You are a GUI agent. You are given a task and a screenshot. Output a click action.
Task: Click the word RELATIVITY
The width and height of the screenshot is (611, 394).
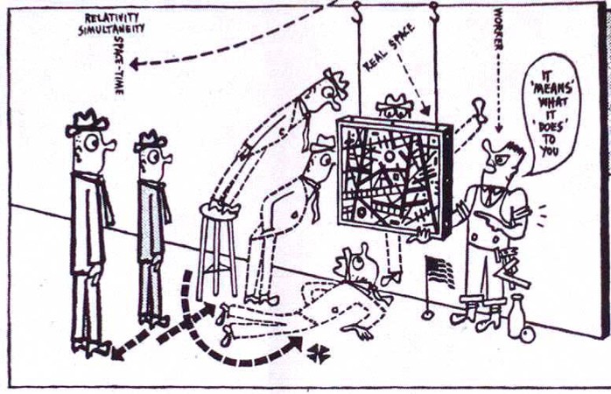(111, 18)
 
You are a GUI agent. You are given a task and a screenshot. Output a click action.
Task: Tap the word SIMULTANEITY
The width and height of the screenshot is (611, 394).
(111, 28)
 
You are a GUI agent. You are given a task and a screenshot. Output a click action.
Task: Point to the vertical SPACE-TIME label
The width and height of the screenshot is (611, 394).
(119, 65)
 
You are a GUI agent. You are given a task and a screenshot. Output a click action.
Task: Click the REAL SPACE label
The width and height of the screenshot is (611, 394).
(389, 47)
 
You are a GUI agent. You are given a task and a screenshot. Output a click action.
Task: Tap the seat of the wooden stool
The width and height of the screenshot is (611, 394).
(218, 209)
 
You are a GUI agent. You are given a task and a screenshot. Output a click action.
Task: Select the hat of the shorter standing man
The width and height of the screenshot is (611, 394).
(151, 141)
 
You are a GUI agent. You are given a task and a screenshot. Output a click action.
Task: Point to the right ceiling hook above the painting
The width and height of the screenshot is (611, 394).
(434, 11)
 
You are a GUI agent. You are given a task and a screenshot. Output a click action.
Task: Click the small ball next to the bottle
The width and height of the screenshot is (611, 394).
(528, 335)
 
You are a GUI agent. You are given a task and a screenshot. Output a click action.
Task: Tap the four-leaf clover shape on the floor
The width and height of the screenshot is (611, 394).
(319, 354)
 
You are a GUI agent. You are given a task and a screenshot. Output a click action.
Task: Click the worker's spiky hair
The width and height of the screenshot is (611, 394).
(514, 149)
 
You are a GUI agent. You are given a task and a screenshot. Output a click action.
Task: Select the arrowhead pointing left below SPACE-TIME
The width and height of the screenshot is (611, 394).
(135, 64)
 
